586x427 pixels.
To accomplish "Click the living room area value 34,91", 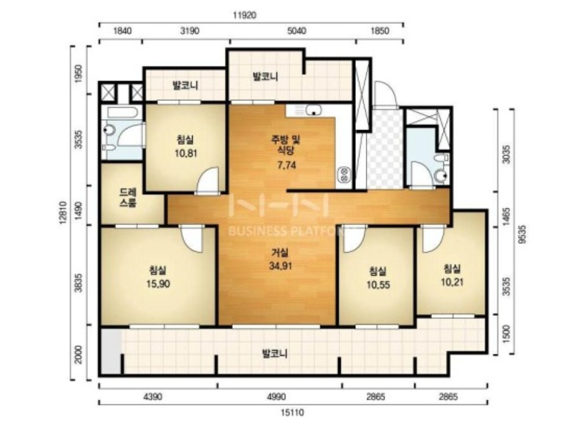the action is tap(281, 266).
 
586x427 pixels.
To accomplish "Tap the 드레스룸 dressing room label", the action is tap(128, 198).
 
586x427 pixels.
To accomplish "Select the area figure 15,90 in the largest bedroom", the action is tap(158, 284).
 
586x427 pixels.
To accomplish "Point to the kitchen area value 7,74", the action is tap(286, 165).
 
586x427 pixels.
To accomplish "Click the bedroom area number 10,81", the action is tap(186, 153).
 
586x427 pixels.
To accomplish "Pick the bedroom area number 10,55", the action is tap(378, 285).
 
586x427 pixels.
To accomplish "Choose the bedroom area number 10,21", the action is tap(452, 282).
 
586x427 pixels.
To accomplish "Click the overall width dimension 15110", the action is tap(292, 412).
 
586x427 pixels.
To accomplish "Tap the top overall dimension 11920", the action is tap(244, 15).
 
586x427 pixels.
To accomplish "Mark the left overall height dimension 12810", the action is tap(62, 213).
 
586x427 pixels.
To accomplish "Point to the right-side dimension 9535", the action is tap(523, 234).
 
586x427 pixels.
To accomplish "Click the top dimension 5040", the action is tap(297, 30).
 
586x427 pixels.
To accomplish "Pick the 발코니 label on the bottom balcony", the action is tap(275, 353).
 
